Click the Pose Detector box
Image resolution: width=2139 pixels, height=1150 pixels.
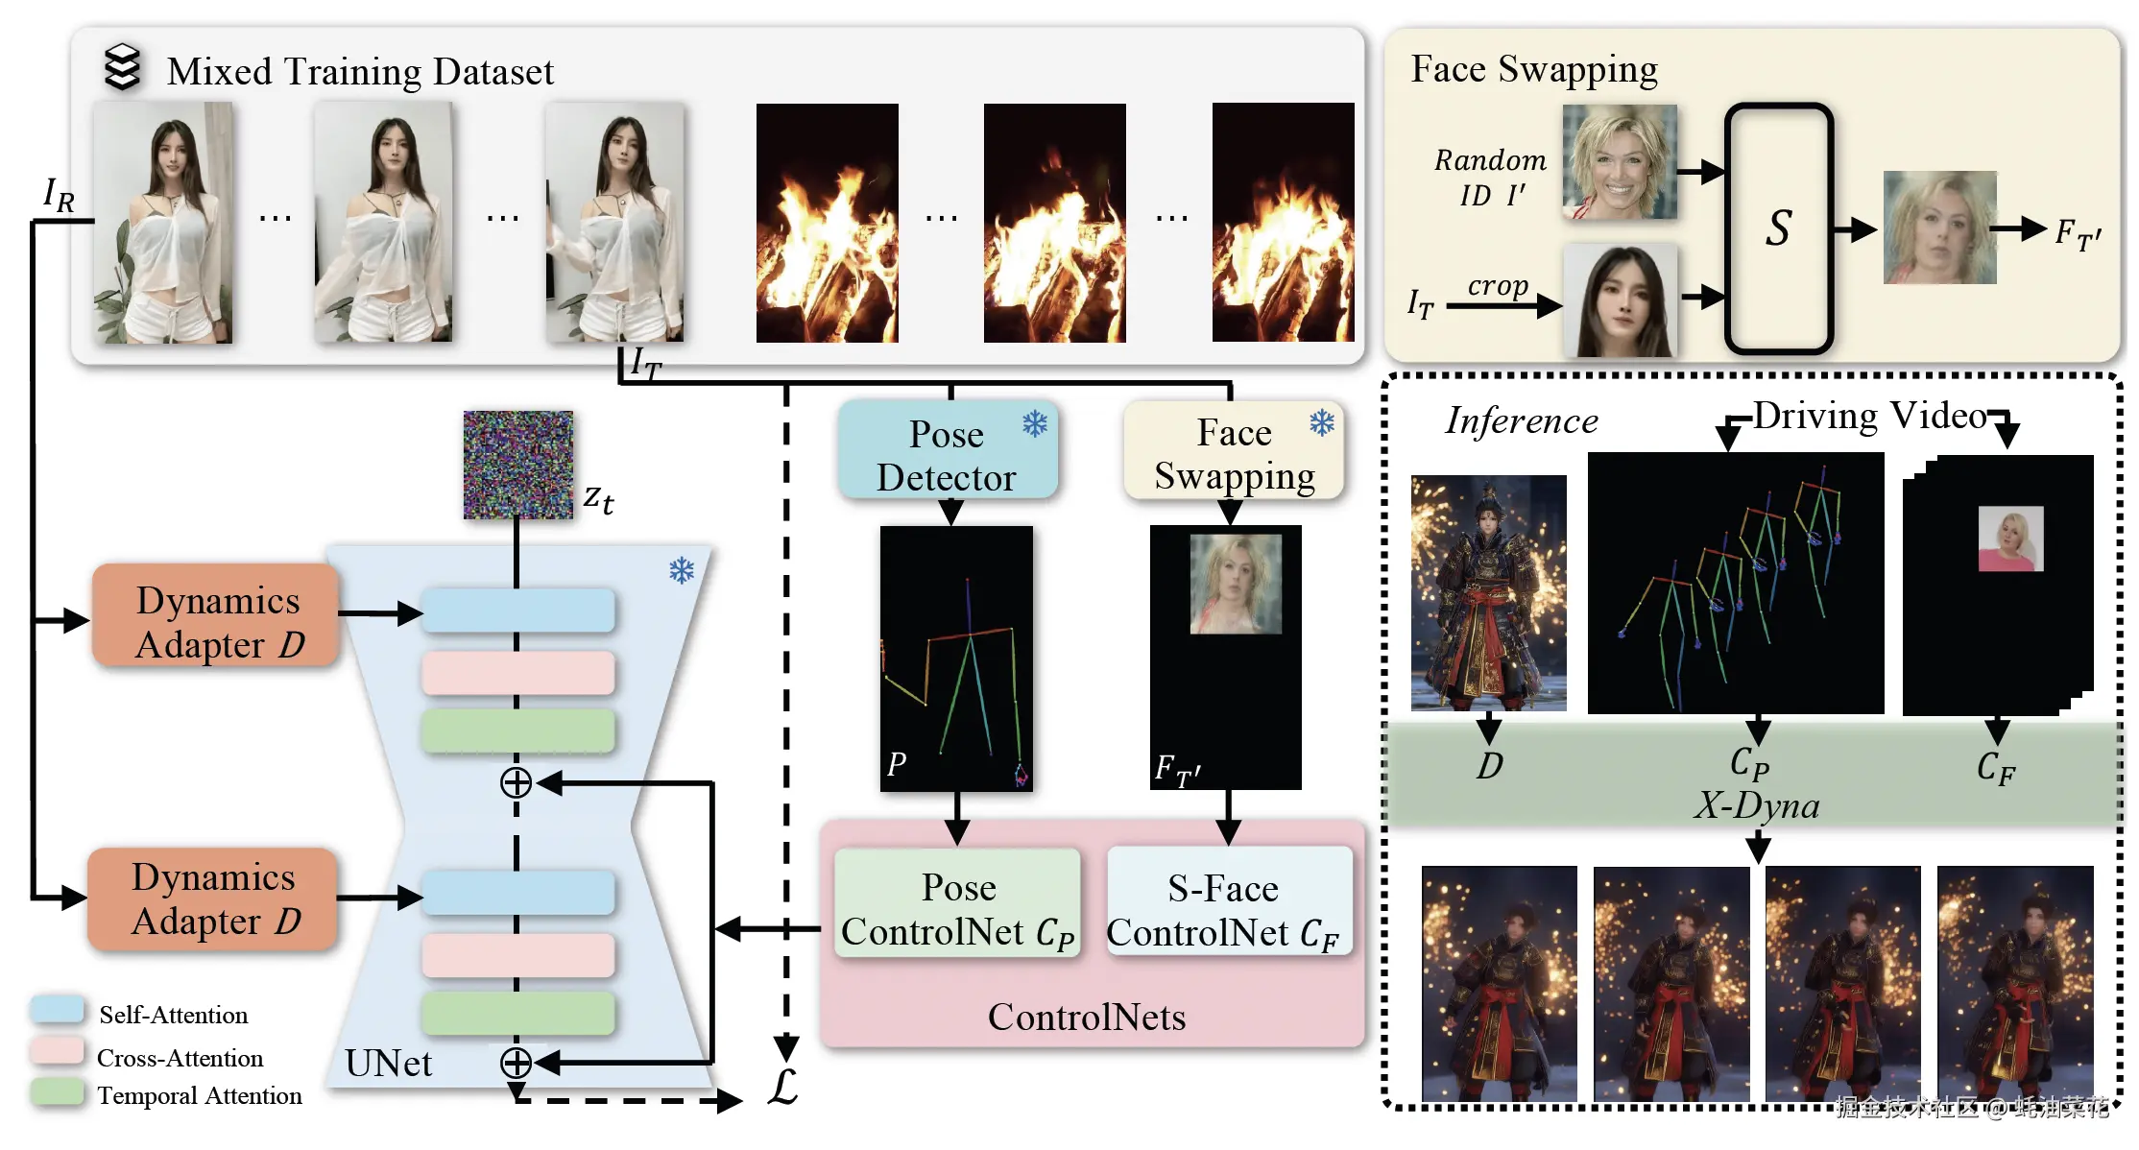948,450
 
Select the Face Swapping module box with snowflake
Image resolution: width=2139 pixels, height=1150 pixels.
1233,450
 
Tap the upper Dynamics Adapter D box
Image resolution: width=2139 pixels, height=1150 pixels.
216,615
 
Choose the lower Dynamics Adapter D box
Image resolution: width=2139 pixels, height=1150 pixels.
213,899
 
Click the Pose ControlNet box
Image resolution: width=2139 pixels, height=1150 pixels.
957,903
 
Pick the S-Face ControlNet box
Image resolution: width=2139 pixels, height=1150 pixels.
1230,901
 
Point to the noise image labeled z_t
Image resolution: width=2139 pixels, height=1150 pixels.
518,466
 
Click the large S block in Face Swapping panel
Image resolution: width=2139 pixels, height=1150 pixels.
1779,228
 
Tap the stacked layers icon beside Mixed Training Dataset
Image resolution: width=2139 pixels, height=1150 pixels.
123,67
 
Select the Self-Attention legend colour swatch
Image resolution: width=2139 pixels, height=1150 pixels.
58,1009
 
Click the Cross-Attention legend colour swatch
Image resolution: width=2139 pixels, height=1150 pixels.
58,1051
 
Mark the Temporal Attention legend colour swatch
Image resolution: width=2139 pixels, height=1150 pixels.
58,1091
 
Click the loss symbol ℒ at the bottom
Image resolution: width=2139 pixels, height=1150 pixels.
783,1088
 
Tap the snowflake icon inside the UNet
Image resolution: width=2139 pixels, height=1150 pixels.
682,571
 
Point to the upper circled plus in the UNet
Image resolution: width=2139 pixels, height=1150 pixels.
517,783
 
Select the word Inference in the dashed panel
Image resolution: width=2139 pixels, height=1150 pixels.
1522,420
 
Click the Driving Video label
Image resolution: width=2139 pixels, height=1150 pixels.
1870,416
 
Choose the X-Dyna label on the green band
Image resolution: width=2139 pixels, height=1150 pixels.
1756,805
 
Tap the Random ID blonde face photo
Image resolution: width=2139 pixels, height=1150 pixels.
1620,162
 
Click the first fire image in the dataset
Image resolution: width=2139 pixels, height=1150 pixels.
828,223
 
